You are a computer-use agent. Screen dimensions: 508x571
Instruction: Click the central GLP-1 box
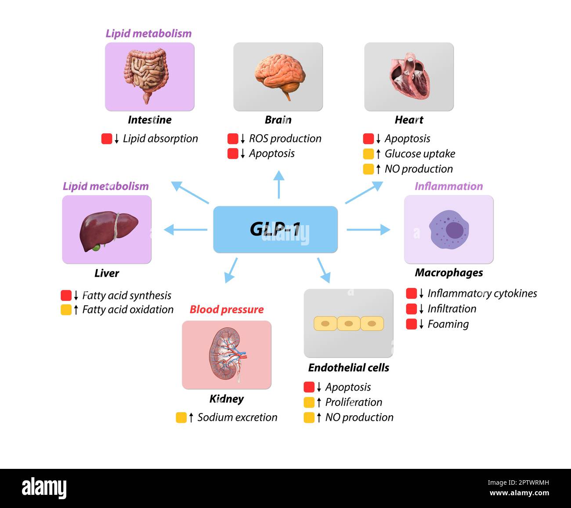[x=275, y=229]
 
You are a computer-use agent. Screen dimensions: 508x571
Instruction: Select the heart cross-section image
[x=409, y=77]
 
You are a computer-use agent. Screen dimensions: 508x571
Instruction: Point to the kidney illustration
[x=226, y=354]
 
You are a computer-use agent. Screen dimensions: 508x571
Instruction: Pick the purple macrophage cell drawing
[x=449, y=230]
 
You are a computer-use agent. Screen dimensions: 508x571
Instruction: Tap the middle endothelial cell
[x=348, y=324]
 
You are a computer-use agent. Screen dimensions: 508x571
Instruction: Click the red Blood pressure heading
[x=226, y=309]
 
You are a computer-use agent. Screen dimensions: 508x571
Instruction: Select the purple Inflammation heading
[x=448, y=186]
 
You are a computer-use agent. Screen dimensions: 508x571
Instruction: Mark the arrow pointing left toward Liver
[x=184, y=229]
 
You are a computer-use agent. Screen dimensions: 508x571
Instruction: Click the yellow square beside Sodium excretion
[x=181, y=417]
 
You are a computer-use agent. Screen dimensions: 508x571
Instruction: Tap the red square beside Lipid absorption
[x=106, y=139]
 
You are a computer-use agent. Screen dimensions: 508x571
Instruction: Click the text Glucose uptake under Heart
[x=419, y=153]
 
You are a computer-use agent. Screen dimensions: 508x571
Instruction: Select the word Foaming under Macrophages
[x=448, y=324]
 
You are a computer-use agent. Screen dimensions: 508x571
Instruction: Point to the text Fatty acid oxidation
[x=127, y=310]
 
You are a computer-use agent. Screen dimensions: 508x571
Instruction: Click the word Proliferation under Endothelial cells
[x=353, y=402]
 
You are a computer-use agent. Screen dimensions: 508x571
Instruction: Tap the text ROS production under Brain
[x=285, y=139]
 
